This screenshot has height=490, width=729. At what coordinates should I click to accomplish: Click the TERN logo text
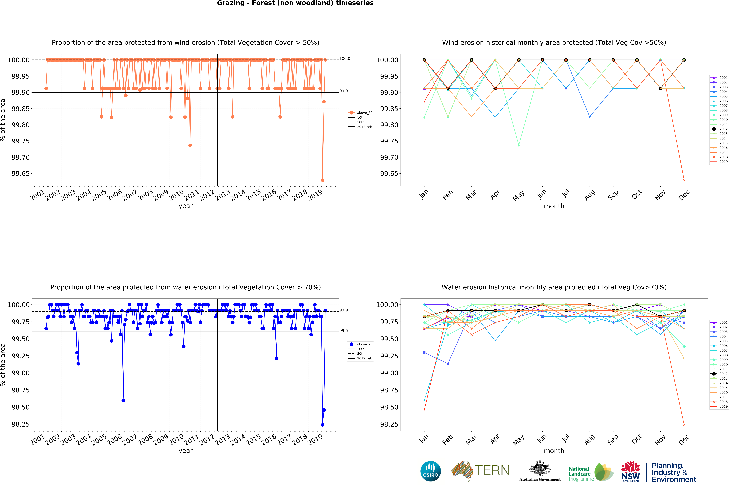pyautogui.click(x=492, y=470)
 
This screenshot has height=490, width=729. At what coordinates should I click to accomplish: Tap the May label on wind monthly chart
pyautogui.click(x=518, y=195)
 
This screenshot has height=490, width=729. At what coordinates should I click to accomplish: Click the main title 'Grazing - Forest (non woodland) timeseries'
pyautogui.click(x=295, y=3)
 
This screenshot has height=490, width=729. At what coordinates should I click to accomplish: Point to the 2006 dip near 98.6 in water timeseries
pyautogui.click(x=123, y=400)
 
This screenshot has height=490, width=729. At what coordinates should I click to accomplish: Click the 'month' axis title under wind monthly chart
pyautogui.click(x=554, y=206)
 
